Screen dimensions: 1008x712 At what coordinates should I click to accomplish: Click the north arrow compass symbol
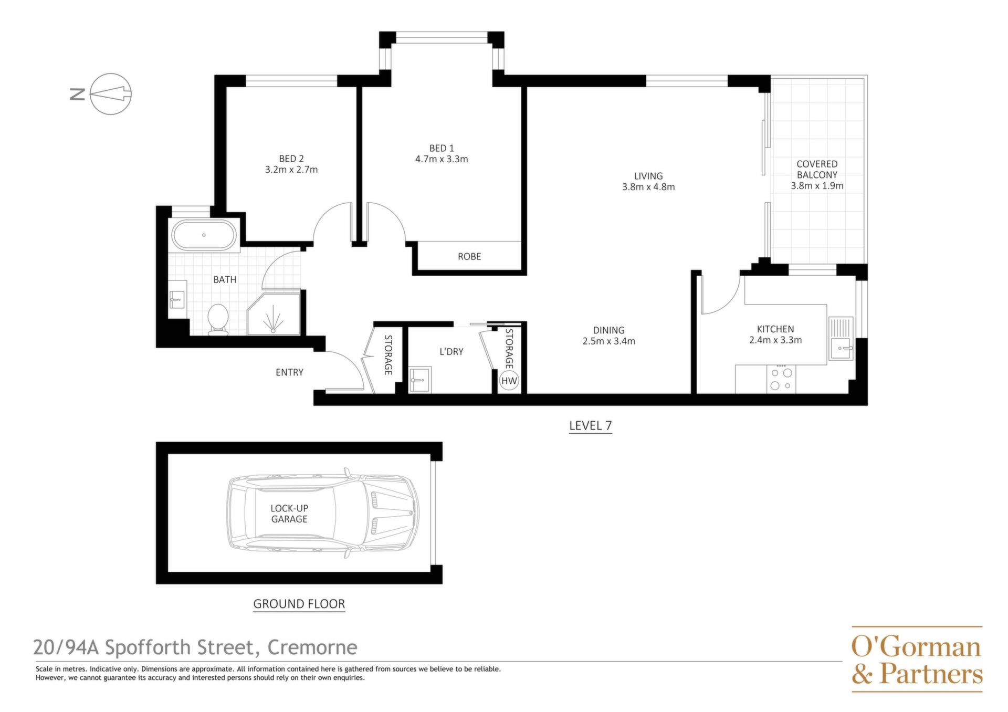(111, 94)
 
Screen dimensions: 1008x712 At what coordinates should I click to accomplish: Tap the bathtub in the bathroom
(204, 235)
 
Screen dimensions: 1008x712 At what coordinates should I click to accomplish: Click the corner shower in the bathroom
(274, 314)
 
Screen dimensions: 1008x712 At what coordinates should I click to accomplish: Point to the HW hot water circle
(509, 381)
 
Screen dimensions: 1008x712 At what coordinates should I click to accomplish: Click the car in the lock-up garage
(322, 513)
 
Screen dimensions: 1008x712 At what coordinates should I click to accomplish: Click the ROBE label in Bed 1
(469, 256)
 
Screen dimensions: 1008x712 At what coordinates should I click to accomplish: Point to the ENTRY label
(289, 372)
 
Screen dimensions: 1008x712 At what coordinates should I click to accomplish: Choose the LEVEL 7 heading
(591, 425)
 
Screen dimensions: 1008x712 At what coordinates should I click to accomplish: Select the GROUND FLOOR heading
(299, 604)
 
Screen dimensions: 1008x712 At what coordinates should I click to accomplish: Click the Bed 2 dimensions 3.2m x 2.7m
(291, 170)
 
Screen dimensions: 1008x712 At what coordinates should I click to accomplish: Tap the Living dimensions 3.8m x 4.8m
(648, 186)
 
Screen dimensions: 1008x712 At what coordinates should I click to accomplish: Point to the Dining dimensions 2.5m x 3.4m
(609, 341)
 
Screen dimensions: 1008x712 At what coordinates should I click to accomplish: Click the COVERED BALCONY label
(817, 169)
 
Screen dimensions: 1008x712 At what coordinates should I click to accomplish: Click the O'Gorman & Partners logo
(917, 659)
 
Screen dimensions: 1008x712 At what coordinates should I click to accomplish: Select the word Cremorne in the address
(312, 647)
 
